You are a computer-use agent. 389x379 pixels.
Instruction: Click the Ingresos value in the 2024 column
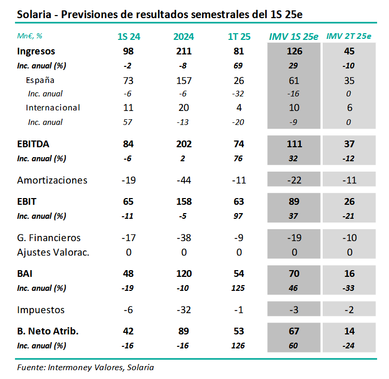184,51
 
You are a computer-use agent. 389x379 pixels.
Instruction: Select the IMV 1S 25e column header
294,36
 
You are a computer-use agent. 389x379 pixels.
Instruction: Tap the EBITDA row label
33,144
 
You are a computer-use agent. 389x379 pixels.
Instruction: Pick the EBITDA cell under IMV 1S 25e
294,144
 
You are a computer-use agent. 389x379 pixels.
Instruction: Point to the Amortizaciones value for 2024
184,180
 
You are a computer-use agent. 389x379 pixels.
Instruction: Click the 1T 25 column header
239,36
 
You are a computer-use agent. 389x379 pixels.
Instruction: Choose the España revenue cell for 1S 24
129,80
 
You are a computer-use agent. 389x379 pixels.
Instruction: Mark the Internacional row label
53,108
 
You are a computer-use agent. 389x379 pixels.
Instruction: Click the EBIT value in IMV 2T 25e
349,201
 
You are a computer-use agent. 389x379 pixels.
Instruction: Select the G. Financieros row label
49,238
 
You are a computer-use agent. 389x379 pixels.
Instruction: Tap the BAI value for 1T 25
239,273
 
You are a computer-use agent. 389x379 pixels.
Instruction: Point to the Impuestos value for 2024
184,310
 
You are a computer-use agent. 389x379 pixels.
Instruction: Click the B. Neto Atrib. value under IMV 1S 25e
294,331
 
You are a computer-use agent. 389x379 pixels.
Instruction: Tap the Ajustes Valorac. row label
53,252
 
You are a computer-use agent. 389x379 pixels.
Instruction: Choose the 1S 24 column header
129,36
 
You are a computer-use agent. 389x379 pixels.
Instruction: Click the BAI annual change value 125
239,288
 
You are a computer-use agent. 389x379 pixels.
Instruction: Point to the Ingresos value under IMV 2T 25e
349,51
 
